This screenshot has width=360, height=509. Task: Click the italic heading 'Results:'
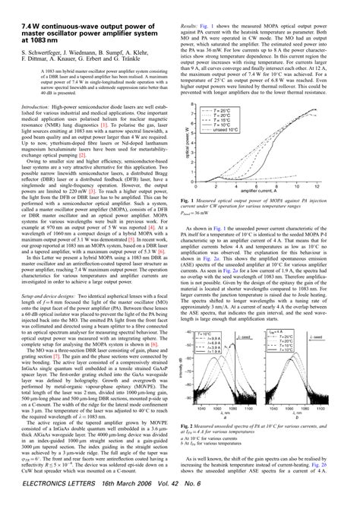click(x=198, y=5)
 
